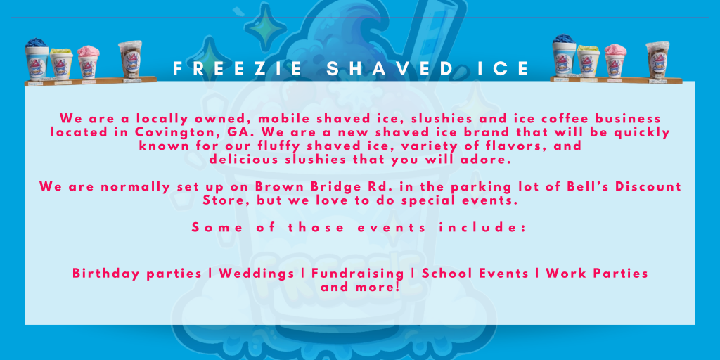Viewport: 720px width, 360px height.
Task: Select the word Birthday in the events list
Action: pyautogui.click(x=105, y=274)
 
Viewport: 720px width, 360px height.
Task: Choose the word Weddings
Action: pyautogui.click(x=257, y=274)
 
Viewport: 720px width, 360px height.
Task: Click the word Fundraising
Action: pyautogui.click(x=358, y=274)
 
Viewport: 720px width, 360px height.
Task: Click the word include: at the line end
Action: pyautogui.click(x=482, y=227)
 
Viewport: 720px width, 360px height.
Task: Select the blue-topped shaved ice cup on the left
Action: pyautogui.click(x=37, y=60)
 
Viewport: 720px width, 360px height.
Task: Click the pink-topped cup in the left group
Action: pyautogui.click(x=88, y=62)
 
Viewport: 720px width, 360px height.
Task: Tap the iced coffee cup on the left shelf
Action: pyautogui.click(x=130, y=60)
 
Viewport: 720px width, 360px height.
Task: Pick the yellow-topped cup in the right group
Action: pyautogui.click(x=589, y=61)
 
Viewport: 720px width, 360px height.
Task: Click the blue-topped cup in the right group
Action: pyautogui.click(x=564, y=56)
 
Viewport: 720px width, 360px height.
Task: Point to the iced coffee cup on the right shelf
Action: pyautogui.click(x=657, y=60)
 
